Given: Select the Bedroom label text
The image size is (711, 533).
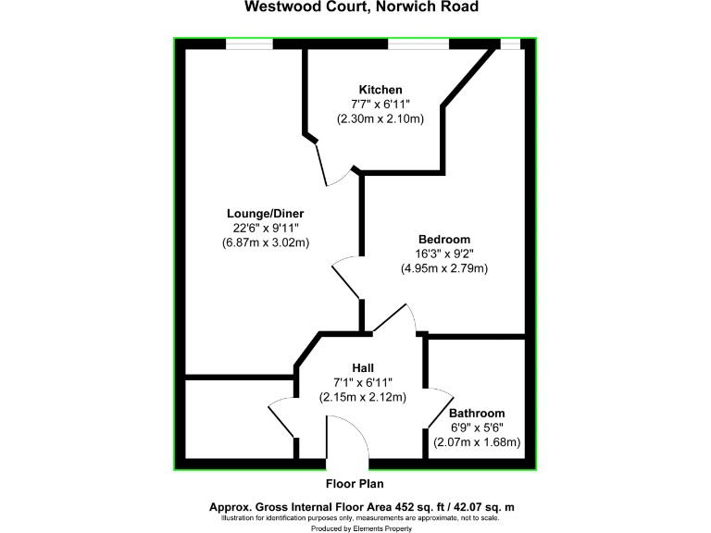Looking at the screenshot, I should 443,239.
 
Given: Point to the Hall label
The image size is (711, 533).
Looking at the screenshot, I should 363,367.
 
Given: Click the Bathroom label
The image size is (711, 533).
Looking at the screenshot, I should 477,413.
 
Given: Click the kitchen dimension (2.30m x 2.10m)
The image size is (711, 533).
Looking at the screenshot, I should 380,118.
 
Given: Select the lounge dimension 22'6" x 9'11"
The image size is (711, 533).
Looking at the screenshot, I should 266,228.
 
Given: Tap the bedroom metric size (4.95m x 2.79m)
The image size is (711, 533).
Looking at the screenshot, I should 444,268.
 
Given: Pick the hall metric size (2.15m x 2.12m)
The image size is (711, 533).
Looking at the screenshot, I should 363,397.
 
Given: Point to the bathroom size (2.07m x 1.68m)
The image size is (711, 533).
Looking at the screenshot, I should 478,442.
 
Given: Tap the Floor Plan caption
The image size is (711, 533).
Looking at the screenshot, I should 355,483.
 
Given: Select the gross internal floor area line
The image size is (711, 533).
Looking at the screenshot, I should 361,506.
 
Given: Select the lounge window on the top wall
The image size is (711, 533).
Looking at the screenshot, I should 250,43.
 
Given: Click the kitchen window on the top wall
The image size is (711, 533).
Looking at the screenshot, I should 418,43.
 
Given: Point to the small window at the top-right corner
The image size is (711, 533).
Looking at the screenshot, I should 510,43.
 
